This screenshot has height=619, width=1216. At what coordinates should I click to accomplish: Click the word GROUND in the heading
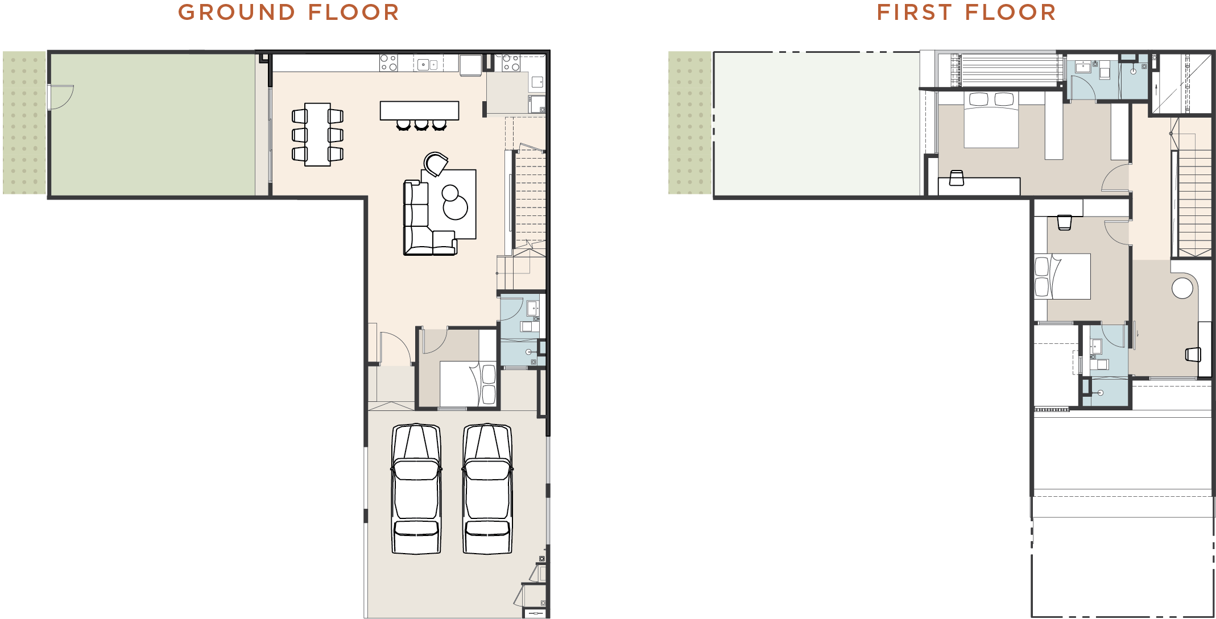237,13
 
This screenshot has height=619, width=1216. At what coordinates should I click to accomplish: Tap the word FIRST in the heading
914,13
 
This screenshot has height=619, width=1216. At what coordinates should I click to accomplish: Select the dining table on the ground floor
317,135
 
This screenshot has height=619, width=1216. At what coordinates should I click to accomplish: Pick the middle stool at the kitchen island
421,125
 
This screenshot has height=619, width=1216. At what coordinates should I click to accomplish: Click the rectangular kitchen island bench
420,110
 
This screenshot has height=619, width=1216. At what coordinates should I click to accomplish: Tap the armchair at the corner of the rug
436,164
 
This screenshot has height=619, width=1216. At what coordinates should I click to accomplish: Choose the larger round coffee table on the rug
455,207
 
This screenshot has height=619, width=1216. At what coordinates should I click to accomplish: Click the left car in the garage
416,489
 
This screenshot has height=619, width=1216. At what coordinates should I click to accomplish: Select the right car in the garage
487,489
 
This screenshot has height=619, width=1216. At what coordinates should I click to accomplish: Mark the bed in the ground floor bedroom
468,384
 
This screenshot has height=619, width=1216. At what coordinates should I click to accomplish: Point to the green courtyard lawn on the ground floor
152,124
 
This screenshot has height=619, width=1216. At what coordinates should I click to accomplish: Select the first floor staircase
1194,202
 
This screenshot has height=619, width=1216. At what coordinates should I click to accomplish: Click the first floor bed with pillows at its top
991,120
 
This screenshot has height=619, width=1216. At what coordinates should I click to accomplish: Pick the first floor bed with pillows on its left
1062,276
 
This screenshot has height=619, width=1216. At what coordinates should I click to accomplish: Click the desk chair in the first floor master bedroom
957,178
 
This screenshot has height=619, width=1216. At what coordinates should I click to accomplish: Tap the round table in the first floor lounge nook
1182,288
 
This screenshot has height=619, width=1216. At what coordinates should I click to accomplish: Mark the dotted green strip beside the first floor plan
690,123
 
